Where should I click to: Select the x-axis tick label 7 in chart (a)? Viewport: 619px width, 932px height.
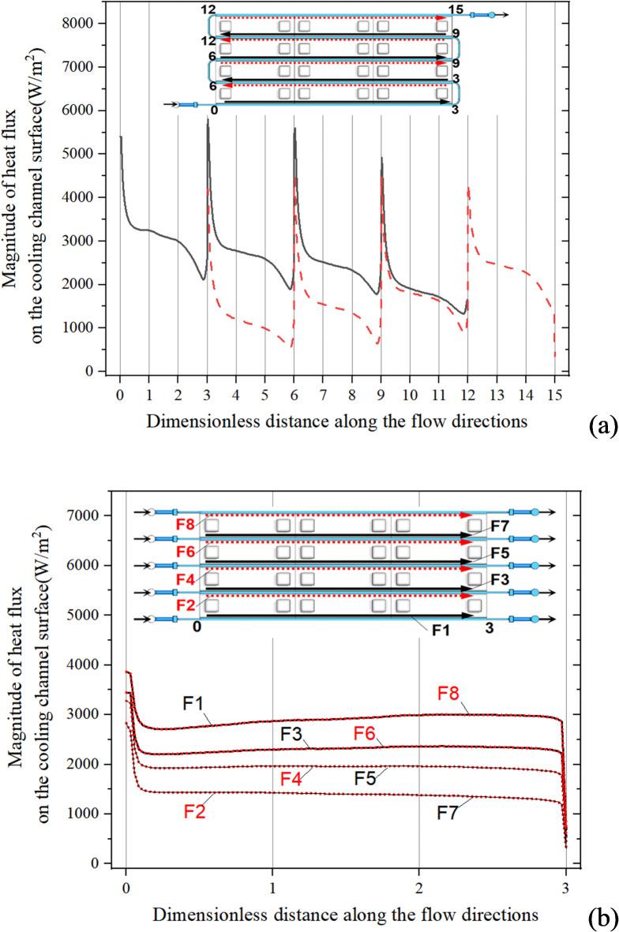322,392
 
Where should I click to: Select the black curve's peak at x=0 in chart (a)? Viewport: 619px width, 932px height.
121,137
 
